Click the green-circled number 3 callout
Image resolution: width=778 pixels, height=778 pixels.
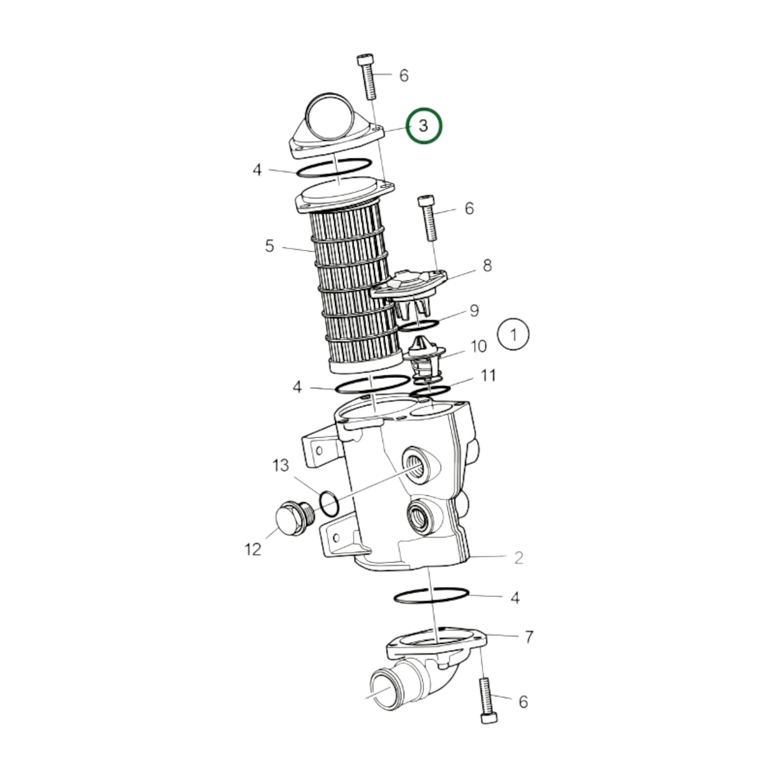424,126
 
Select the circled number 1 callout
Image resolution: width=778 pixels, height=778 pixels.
513,335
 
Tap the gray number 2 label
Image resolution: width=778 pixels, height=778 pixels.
519,558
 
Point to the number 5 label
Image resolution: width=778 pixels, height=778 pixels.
269,245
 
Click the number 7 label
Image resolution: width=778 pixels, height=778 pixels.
529,636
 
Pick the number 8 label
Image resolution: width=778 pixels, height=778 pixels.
487,265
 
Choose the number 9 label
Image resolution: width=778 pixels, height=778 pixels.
474,311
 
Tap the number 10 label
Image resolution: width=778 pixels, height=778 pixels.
479,346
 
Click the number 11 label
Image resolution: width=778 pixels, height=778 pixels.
488,375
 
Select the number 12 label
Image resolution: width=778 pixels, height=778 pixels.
253,549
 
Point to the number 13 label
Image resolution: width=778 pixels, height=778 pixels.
281,465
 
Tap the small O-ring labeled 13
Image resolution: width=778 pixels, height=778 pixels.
329,504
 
